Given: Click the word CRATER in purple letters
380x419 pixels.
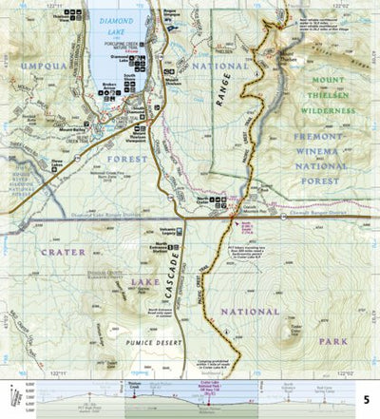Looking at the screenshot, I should tap(65, 252).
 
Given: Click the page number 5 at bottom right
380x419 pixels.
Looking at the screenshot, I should tap(367, 402).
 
